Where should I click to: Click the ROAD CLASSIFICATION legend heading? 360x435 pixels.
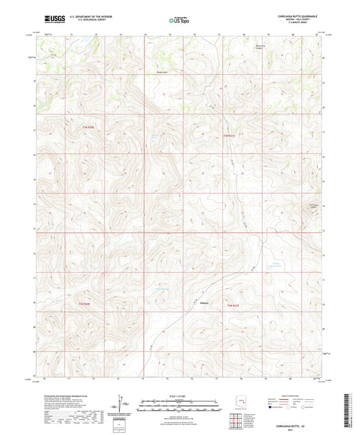[293, 396]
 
